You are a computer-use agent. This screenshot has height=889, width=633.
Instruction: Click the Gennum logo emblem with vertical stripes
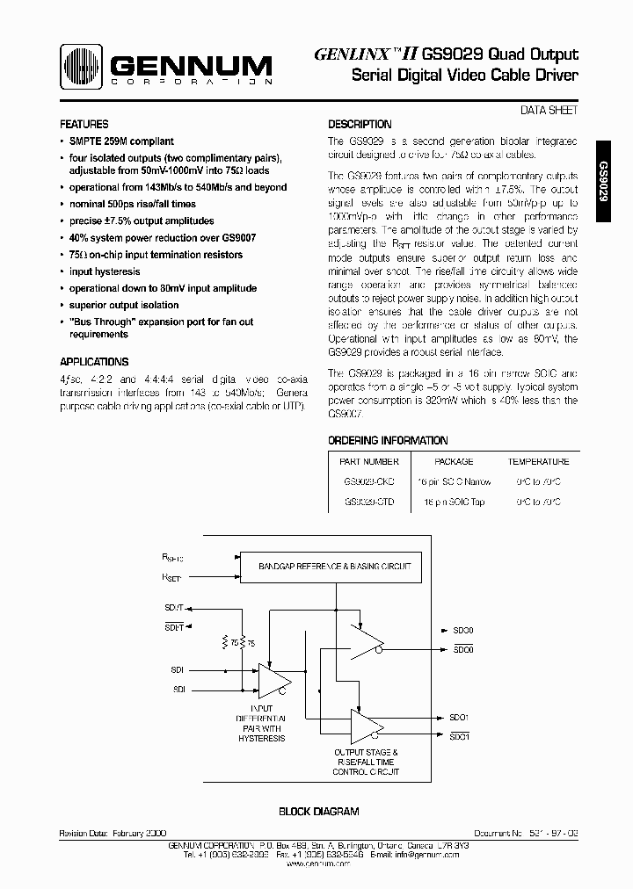[x=83, y=68]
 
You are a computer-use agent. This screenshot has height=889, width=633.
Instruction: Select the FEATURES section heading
[x=84, y=125]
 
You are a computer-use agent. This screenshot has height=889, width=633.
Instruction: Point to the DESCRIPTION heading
[x=360, y=125]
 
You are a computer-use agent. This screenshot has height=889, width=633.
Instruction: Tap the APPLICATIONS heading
[x=94, y=362]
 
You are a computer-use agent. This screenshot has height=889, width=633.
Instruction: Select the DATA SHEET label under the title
[x=550, y=111]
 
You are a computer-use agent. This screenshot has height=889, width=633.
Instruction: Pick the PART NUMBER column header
[x=368, y=461]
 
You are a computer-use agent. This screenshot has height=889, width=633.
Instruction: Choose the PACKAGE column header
[x=454, y=461]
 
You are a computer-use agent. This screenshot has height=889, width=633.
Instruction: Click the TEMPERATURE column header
[x=538, y=461]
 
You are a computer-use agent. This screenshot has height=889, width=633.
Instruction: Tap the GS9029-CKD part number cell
[x=368, y=482]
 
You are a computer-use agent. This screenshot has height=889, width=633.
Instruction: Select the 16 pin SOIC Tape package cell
[x=454, y=502]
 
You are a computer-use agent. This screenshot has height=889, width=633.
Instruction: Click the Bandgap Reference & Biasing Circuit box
[x=334, y=567]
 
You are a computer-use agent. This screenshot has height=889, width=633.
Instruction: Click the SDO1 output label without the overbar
[x=461, y=717]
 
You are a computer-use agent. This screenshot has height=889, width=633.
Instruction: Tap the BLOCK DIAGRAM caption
[x=318, y=813]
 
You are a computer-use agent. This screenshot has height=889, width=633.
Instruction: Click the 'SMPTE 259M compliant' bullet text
[x=121, y=141]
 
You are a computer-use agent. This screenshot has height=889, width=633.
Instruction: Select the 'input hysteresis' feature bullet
[x=105, y=272]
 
